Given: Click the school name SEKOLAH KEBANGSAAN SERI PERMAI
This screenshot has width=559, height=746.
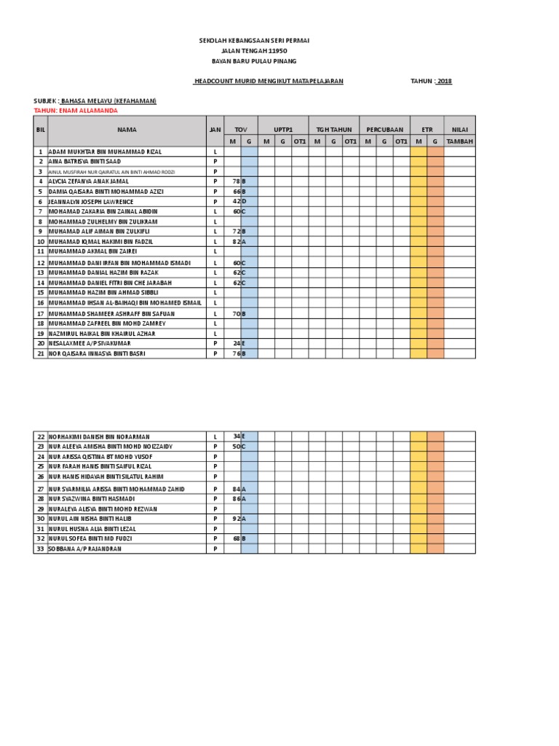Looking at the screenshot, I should [254, 42].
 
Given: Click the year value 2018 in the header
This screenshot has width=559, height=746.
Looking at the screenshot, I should [443, 81].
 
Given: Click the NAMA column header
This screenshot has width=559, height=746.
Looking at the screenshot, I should [126, 129].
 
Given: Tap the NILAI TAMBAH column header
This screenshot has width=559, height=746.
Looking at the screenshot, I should [459, 135].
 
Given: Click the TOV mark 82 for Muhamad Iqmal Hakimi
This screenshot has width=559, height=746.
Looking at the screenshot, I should [235, 241].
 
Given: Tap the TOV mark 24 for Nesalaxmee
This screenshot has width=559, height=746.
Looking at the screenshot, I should [235, 343].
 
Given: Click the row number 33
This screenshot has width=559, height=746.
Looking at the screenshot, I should [41, 549].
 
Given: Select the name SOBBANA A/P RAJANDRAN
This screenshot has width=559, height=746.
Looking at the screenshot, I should [84, 549].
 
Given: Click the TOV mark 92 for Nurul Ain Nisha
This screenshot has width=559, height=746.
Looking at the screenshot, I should [235, 518].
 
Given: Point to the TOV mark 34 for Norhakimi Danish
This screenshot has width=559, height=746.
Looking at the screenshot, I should [235, 436].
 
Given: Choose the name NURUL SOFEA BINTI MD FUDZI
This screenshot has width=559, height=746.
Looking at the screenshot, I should [92, 538].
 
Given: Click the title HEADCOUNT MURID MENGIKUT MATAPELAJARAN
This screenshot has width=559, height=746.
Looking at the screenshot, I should [269, 81].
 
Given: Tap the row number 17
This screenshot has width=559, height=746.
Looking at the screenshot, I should [41, 313].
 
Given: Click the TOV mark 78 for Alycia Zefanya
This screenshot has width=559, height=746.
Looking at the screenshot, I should [235, 181].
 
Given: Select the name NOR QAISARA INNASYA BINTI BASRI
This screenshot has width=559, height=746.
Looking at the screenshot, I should [97, 353].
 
